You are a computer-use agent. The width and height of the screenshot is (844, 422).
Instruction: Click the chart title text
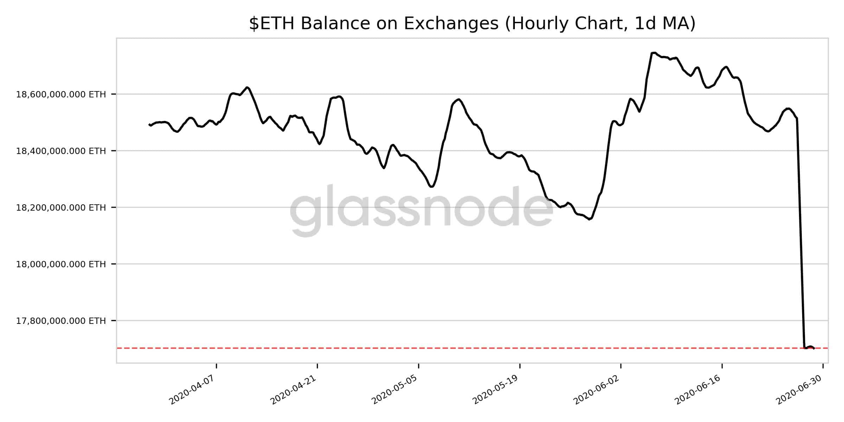pos(472,24)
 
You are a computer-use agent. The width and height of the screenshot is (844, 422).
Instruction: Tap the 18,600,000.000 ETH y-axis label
pos(61,94)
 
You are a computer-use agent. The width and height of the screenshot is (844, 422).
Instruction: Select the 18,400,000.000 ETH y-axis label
pos(61,151)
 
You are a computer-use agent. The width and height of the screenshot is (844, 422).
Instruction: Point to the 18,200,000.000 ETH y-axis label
pos(61,208)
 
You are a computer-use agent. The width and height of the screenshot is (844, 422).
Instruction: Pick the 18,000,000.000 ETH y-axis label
pos(61,264)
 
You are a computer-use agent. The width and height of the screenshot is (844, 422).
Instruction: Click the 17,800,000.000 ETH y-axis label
pos(61,321)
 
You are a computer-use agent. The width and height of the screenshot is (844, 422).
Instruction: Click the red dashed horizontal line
pos(422,348)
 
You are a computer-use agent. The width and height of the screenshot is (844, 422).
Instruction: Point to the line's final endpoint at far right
pos(814,348)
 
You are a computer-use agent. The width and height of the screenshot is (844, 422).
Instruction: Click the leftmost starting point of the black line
pos(149,124)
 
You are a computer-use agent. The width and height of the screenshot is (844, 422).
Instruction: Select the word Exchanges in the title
pos(451,24)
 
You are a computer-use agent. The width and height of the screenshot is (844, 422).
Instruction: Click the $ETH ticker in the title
pos(273,24)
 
